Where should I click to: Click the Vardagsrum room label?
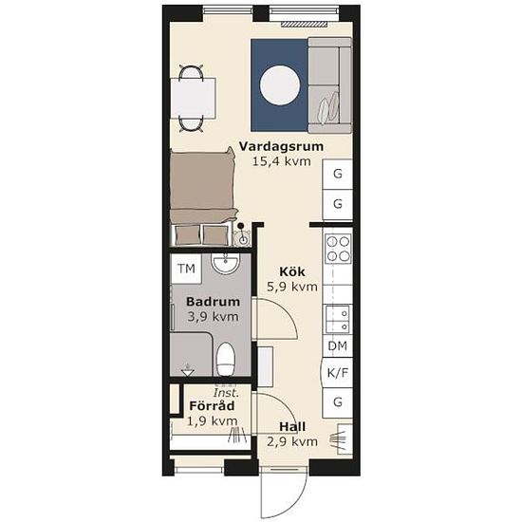pyautogui.click(x=281, y=146)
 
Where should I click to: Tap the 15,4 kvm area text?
pyautogui.click(x=282, y=161)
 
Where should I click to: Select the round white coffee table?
pyautogui.click(x=280, y=85)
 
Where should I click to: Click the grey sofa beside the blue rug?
pyautogui.click(x=329, y=85)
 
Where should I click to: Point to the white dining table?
pyautogui.click(x=193, y=98)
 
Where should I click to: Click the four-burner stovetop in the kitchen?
pyautogui.click(x=338, y=248)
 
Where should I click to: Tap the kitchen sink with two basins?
pyautogui.click(x=338, y=319)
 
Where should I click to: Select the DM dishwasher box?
pyautogui.click(x=338, y=345)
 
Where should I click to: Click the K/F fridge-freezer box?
pyautogui.click(x=337, y=373)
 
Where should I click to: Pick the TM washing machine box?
pyautogui.click(x=186, y=269)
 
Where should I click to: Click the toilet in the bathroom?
pyautogui.click(x=225, y=360)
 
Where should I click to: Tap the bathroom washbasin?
pyautogui.click(x=226, y=264)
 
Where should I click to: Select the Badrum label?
pyautogui.click(x=213, y=302)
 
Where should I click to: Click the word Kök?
pyautogui.click(x=292, y=271)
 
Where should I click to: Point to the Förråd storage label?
pyautogui.click(x=212, y=406)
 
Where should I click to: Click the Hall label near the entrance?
pyautogui.click(x=292, y=427)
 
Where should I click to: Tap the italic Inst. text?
pyautogui.click(x=226, y=393)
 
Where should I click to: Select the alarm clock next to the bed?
pyautogui.click(x=242, y=235)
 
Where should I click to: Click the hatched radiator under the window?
pyautogui.click(x=305, y=24)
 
